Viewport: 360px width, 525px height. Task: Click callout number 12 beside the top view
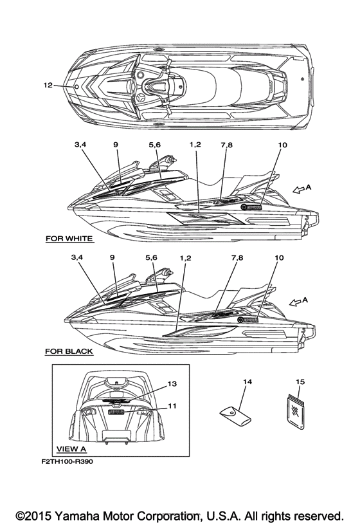click(48, 86)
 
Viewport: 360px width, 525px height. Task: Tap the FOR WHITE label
click(69, 239)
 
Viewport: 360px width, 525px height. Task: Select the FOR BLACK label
click(69, 351)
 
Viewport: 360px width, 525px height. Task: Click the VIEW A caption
click(71, 449)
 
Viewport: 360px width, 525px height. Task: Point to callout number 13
click(172, 383)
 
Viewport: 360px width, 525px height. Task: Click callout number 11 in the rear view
click(172, 406)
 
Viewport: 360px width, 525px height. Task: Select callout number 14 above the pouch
click(248, 382)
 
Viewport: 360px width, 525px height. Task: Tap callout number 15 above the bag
click(300, 382)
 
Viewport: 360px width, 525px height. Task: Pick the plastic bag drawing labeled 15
click(296, 412)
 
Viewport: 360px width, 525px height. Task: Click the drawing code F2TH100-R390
click(67, 462)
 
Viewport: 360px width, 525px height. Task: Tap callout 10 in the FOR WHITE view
click(283, 145)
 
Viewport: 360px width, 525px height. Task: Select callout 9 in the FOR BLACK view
click(112, 257)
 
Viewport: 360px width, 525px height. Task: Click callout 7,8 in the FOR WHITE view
click(226, 145)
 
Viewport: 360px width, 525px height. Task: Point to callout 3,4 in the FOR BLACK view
click(76, 257)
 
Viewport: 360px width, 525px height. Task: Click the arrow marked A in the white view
click(298, 190)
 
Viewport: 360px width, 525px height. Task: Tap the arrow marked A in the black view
click(295, 302)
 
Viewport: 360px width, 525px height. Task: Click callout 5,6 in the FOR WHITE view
click(154, 145)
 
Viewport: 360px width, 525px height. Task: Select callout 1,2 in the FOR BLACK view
click(185, 258)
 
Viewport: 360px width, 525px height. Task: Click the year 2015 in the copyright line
click(38, 515)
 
